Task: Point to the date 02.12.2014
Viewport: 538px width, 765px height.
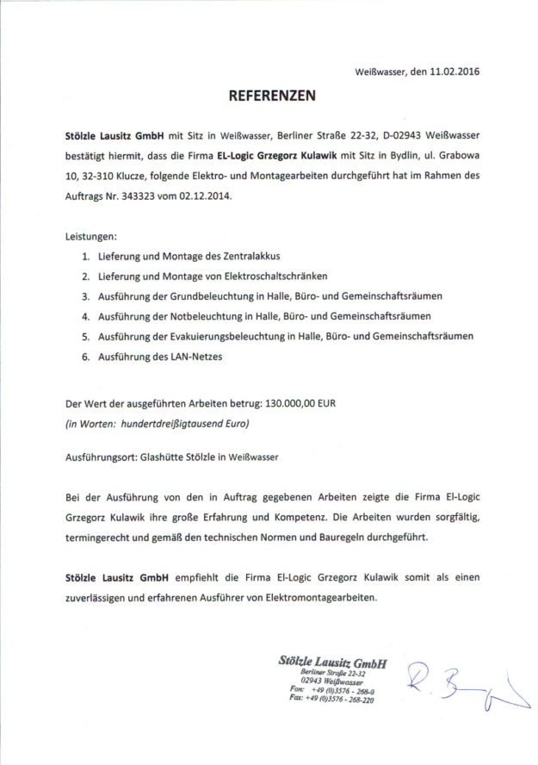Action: [206, 197]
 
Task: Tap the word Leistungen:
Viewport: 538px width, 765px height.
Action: [91, 235]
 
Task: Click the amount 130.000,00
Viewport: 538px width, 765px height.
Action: [306, 404]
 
